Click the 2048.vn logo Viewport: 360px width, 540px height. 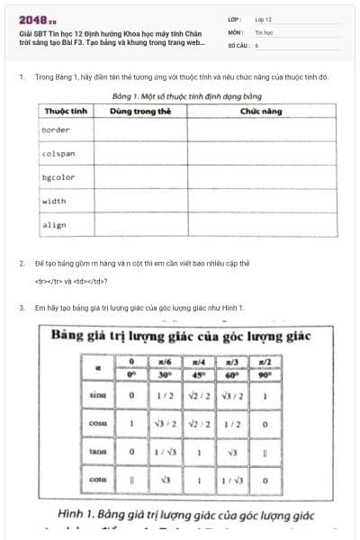pos(37,19)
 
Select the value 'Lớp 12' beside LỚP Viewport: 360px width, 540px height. pos(264,19)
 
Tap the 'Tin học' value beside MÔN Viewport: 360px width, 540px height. pos(264,31)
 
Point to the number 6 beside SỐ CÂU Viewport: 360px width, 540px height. pos(256,44)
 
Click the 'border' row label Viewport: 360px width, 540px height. pos(56,130)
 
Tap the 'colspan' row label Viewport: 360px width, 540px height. pos(58,154)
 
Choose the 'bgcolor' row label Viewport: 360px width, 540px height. pos(58,177)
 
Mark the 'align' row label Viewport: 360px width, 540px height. pos(54,225)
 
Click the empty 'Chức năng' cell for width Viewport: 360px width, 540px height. pos(261,201)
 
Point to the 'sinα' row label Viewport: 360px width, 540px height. pos(98,394)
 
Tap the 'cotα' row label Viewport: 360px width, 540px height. pos(98,480)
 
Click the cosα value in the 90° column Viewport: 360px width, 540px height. pos(265,423)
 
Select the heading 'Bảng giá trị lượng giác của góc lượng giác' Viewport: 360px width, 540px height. pos(181,337)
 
